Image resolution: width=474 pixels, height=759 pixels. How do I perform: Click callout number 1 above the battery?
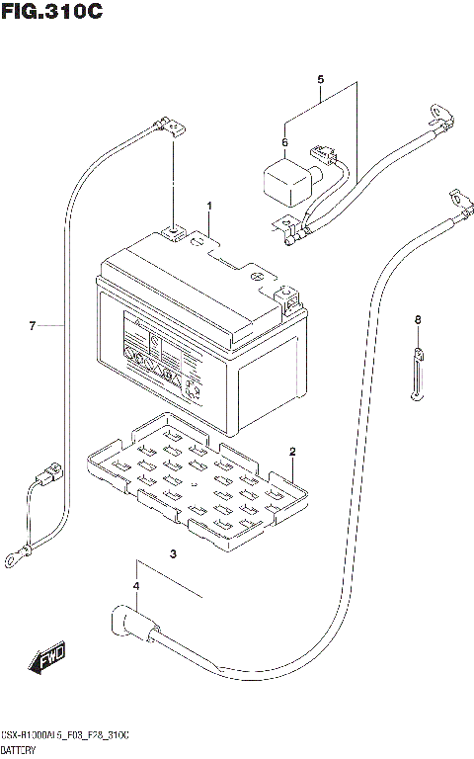209,206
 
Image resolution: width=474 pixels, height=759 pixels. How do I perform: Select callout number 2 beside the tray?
293,452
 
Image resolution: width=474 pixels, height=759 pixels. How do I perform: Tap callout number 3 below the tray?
173,553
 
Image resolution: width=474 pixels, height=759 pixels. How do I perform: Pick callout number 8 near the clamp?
417,319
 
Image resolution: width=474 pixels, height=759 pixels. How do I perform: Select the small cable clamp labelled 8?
418,371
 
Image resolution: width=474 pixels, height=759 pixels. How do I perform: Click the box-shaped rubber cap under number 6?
283,182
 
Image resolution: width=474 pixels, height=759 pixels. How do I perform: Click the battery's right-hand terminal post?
287,295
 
